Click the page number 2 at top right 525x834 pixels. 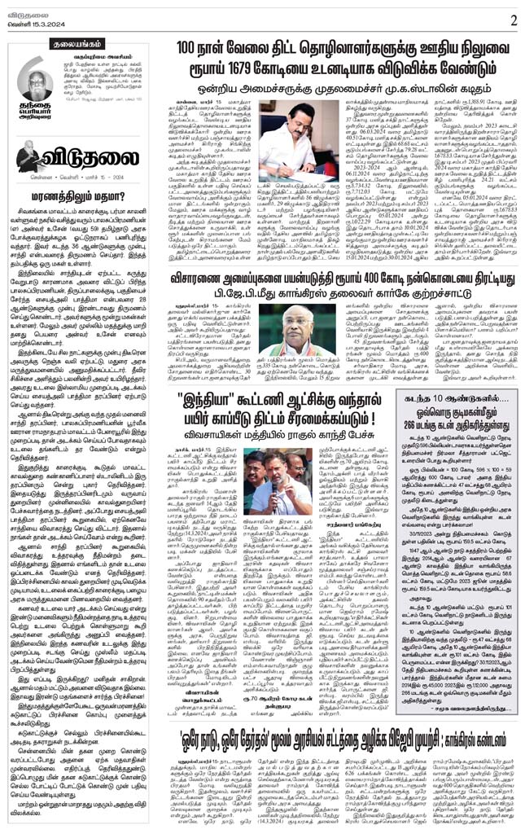(512, 17)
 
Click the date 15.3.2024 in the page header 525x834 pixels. (35, 22)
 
